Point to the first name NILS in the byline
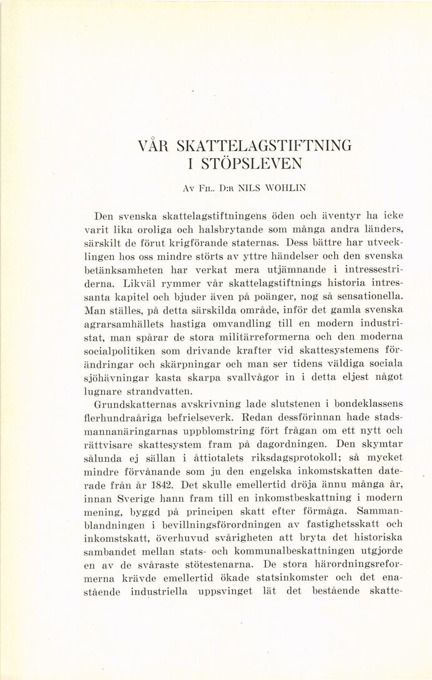pyautogui.click(x=230, y=187)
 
